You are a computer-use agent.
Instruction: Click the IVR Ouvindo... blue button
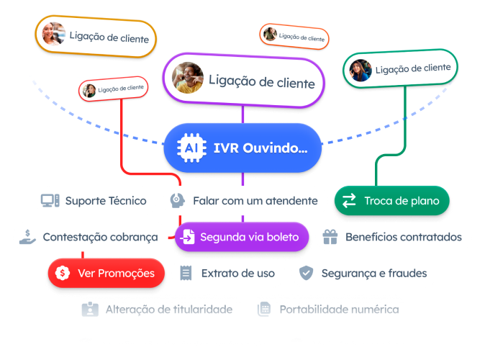241,149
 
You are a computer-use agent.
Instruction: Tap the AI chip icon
191,149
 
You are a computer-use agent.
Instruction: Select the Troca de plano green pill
392,201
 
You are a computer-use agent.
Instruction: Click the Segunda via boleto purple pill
241,236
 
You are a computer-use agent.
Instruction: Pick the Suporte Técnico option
96,201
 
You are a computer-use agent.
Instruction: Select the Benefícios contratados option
394,236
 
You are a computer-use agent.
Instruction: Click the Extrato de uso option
227,273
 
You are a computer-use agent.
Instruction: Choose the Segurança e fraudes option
364,273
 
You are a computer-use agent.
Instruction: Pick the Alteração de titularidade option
158,310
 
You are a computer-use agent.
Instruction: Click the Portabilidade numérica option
329,310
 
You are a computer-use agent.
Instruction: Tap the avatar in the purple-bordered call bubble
188,78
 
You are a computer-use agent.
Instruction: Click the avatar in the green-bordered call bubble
359,70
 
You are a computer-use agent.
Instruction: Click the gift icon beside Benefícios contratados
330,236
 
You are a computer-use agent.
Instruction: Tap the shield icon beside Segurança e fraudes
307,273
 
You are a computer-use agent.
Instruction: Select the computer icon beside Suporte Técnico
50,201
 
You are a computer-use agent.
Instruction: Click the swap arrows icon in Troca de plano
349,201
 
